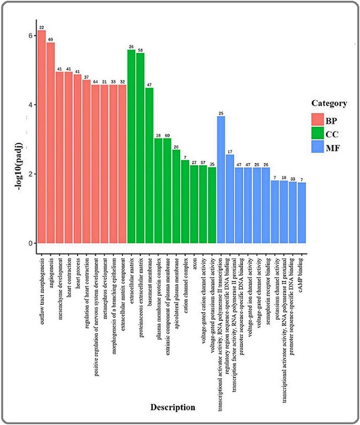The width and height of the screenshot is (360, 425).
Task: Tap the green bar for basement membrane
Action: coord(149,165)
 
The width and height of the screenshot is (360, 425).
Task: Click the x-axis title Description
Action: coord(172,407)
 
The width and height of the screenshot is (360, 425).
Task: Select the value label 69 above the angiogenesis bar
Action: coord(51,40)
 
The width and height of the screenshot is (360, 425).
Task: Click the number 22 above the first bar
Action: coord(42,27)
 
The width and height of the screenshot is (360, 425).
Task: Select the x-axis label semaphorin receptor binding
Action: coord(266,289)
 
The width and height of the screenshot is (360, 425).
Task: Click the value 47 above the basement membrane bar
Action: coord(149,84)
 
